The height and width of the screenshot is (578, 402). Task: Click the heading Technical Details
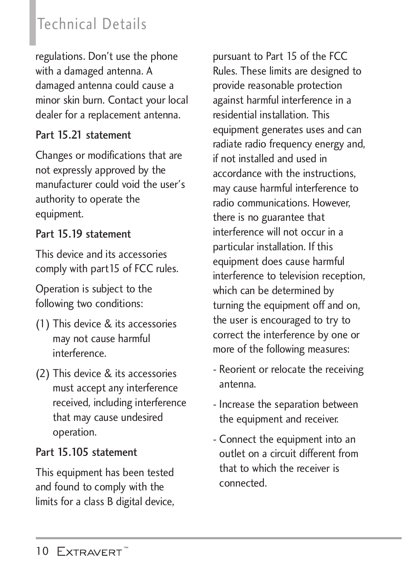pyautogui.click(x=92, y=24)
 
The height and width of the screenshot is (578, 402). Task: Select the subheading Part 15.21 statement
pyautogui.click(x=83, y=135)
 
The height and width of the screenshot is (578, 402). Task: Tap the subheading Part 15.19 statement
pyautogui.click(x=83, y=234)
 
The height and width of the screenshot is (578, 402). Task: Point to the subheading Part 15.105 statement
pyautogui.click(x=86, y=452)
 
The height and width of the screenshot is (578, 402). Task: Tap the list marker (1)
pyautogui.click(x=43, y=324)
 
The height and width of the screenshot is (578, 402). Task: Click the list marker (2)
pyautogui.click(x=43, y=374)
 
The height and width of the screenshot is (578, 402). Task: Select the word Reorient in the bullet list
pyautogui.click(x=238, y=369)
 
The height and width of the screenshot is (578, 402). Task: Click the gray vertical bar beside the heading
pyautogui.click(x=32, y=23)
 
